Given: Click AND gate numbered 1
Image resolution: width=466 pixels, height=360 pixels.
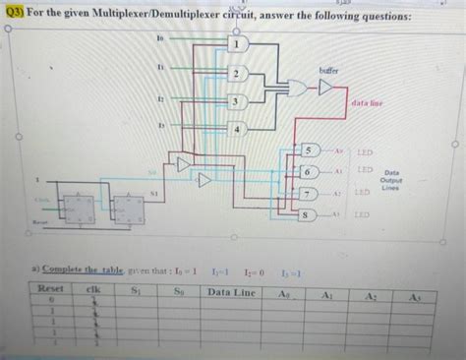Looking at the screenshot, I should point(236,44).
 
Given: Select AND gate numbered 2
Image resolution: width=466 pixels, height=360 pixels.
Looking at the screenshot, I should point(236,74).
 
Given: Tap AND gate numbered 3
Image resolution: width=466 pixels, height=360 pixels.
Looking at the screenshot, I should point(236,101).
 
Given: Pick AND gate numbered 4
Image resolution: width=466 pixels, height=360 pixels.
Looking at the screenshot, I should point(237,129).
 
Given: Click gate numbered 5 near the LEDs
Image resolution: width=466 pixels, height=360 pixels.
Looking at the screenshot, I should point(312,150).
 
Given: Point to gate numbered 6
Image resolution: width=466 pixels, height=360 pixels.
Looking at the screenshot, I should point(309,171).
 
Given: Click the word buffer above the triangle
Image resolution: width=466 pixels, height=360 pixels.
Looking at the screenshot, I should point(328,70).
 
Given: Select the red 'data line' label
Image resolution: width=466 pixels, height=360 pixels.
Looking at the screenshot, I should point(366,102).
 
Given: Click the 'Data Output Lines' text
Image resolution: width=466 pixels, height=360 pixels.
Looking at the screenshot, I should point(391,178).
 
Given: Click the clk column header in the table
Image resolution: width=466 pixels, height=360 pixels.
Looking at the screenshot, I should point(94,291).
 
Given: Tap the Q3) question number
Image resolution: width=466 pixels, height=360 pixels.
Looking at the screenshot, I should point(17,17).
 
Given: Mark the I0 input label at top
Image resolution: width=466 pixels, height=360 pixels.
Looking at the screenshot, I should point(160,35).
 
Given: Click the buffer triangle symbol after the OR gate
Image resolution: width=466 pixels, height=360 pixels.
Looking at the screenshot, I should point(327,89).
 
